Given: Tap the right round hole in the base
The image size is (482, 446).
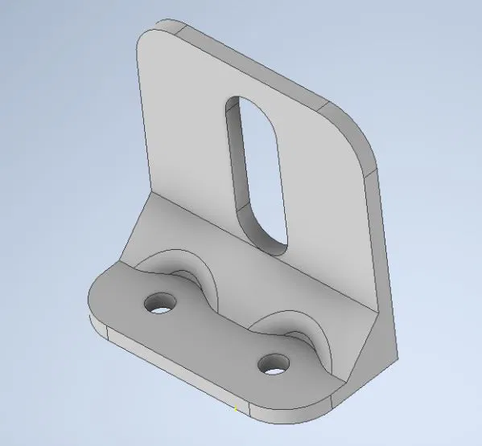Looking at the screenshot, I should pos(274,364).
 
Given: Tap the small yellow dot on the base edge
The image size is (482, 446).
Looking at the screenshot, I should pos(236,410).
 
